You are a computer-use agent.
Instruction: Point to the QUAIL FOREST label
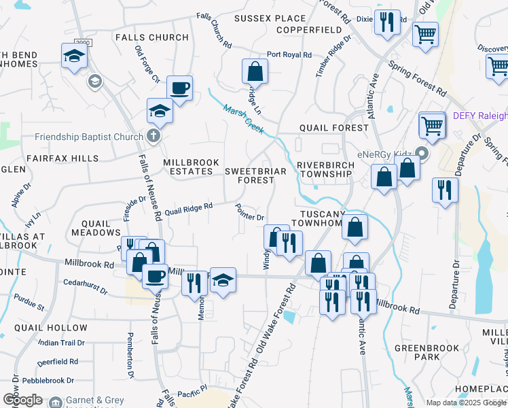tap(333, 128)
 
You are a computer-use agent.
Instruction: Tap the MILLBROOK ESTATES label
tap(188, 167)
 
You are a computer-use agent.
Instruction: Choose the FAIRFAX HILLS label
tap(62, 158)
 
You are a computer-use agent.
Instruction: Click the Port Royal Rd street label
tap(289, 55)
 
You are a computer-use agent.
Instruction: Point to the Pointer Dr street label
tap(249, 212)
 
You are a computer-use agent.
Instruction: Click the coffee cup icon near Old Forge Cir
tap(179, 87)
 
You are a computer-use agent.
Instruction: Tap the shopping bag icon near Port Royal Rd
tap(255, 70)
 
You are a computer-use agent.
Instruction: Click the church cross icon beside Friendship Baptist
tap(153, 136)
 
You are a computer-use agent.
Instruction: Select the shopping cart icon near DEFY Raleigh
tap(432, 124)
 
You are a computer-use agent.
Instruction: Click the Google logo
tap(22, 400)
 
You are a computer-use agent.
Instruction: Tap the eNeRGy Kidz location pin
tap(422, 154)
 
